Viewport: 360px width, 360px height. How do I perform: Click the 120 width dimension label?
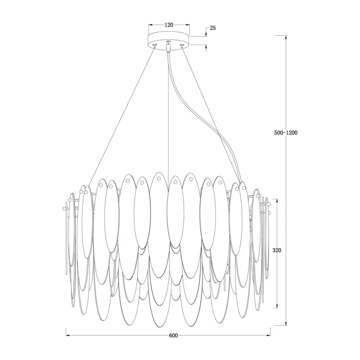point(169,25)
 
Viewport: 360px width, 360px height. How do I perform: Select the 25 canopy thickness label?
point(213,28)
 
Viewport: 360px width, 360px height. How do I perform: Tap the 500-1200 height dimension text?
point(286,133)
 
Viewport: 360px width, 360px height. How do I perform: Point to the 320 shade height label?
point(277,250)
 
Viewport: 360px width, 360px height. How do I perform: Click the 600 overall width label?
point(173,336)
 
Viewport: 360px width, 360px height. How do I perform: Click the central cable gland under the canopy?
point(168,48)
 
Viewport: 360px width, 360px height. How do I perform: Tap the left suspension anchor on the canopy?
point(155,45)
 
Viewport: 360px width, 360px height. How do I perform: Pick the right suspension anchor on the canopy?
point(182,45)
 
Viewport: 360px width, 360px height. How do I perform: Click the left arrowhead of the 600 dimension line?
point(67,335)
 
